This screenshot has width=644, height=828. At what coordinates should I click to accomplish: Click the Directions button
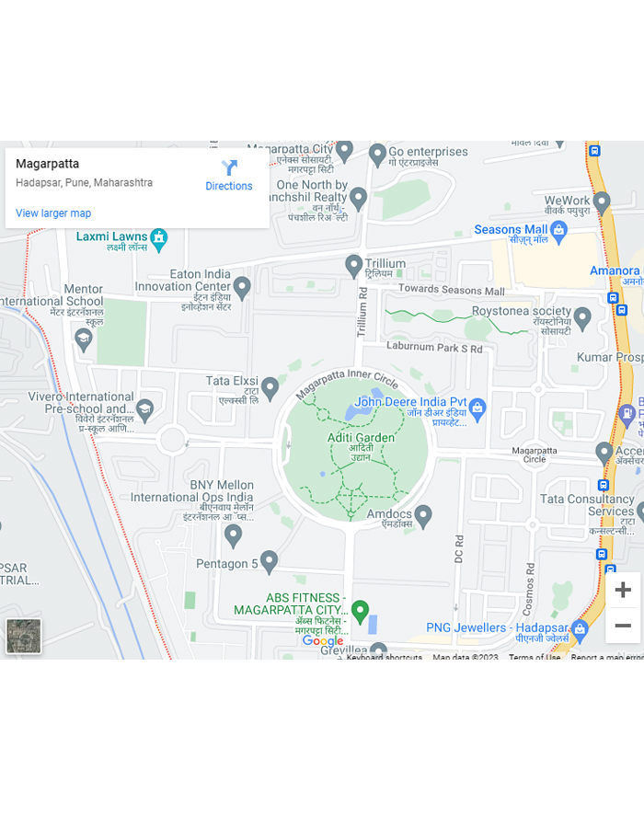(x=229, y=174)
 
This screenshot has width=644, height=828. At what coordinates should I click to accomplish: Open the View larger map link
(x=53, y=213)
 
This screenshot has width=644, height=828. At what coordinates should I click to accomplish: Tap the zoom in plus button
(x=623, y=590)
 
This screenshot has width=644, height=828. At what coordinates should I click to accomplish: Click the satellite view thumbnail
(x=24, y=636)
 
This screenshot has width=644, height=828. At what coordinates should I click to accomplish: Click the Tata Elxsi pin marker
(x=270, y=387)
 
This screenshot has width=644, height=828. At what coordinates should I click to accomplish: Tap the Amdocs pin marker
(x=423, y=515)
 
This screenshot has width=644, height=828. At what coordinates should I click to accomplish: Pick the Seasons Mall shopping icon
(x=558, y=229)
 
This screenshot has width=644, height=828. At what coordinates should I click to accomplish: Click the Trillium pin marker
(x=354, y=266)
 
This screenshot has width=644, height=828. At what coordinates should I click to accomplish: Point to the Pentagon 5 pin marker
(x=269, y=560)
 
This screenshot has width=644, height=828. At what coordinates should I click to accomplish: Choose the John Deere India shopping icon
(x=477, y=406)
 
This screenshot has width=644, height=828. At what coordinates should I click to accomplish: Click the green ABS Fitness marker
(x=361, y=610)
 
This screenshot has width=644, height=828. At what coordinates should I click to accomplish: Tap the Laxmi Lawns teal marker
(x=159, y=237)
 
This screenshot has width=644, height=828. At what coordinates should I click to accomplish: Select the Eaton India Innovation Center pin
(x=242, y=287)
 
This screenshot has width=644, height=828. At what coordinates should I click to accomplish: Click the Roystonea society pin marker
(x=581, y=317)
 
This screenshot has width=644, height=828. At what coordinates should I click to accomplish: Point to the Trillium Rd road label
(x=362, y=314)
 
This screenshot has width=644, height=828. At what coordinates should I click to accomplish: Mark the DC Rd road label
(x=459, y=548)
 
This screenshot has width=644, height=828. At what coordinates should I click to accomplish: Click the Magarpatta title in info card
(x=48, y=164)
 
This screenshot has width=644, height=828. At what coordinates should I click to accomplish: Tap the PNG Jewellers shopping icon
(x=579, y=629)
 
